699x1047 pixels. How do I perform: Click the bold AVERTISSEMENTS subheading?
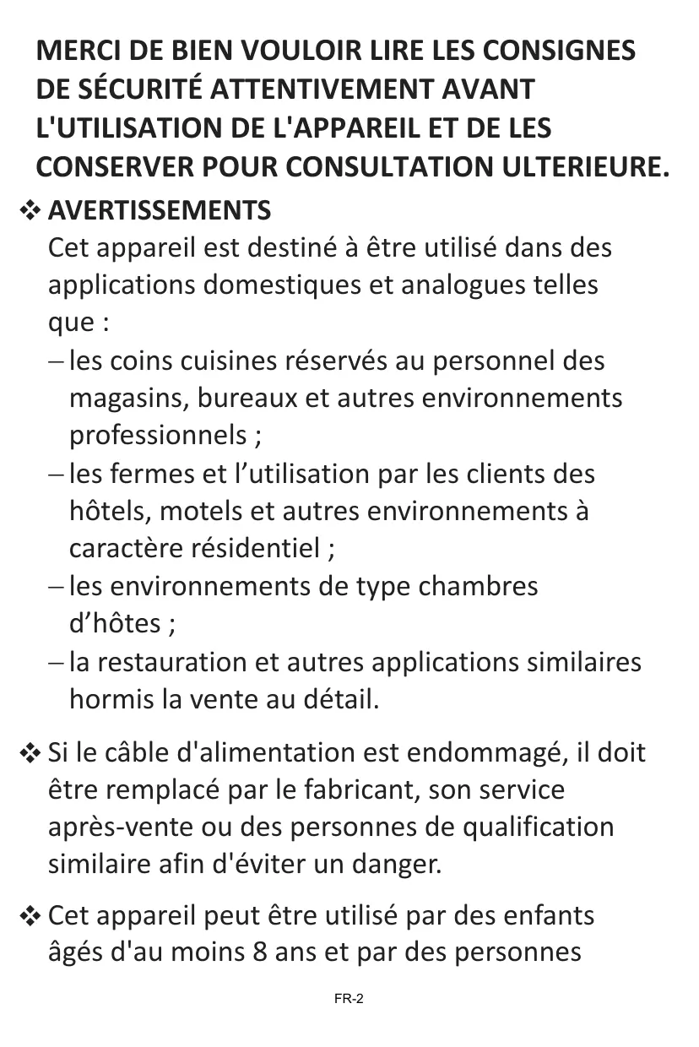click(x=160, y=210)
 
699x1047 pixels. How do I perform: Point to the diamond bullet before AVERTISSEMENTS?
click(x=31, y=211)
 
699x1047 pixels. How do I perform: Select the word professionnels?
click(x=157, y=436)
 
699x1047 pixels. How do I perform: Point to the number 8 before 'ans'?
click(x=260, y=953)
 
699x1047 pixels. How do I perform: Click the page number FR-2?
click(x=349, y=1000)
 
